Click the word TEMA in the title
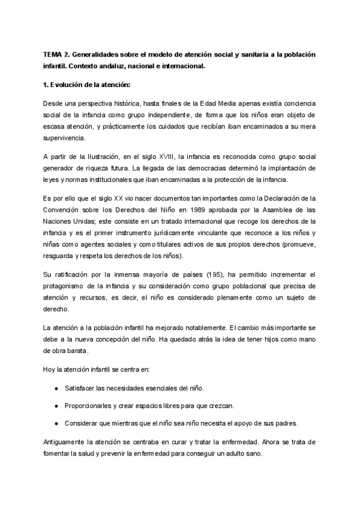(x=53, y=54)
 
